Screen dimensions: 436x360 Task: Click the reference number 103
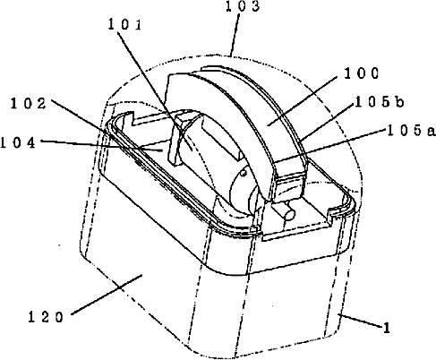pyautogui.click(x=243, y=6)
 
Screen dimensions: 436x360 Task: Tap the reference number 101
pyautogui.click(x=124, y=24)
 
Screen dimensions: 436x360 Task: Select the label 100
pyautogui.click(x=362, y=73)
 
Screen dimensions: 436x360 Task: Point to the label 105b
pyautogui.click(x=380, y=102)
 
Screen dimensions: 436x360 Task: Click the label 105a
pyautogui.click(x=411, y=131)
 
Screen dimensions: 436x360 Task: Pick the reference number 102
pyautogui.click(x=29, y=104)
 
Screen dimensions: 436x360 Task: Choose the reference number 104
pyautogui.click(x=18, y=143)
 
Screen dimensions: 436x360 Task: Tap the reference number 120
pyautogui.click(x=46, y=317)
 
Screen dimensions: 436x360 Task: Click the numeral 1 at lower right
pyautogui.click(x=387, y=328)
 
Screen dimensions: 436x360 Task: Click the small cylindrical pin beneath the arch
pyautogui.click(x=287, y=211)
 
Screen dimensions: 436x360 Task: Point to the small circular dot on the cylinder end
pyautogui.click(x=244, y=173)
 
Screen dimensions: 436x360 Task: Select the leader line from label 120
pyautogui.click(x=107, y=295)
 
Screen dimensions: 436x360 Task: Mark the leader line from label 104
pyautogui.click(x=101, y=145)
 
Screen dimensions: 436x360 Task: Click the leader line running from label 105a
pyautogui.click(x=329, y=147)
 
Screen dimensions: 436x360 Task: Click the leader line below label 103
pyautogui.click(x=235, y=35)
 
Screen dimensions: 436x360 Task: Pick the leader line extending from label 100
pyautogui.click(x=303, y=100)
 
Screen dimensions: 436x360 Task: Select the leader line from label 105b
pyautogui.click(x=327, y=119)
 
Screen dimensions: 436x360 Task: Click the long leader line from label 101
pyautogui.click(x=154, y=89)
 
